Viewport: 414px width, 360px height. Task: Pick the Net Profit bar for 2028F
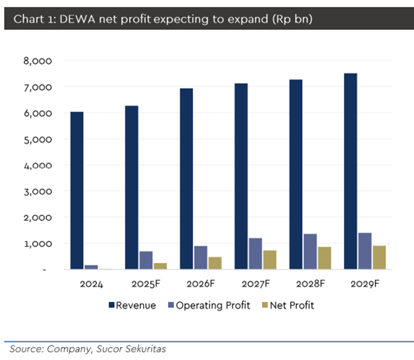323,258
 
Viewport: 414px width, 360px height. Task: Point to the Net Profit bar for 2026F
214,263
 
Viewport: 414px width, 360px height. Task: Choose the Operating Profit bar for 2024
91,267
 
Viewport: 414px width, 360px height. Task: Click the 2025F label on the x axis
146,284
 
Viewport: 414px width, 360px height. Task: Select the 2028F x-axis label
310,284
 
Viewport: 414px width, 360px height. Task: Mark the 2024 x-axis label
91,284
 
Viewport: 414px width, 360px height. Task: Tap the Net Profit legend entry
290,305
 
